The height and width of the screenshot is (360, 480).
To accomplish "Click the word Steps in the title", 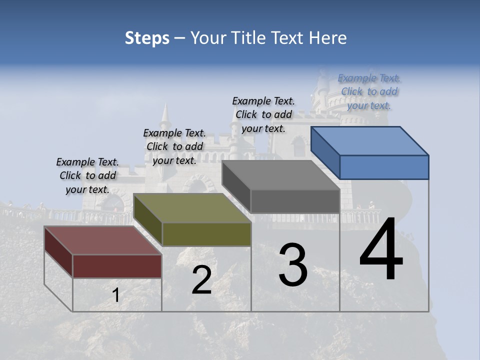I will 147,38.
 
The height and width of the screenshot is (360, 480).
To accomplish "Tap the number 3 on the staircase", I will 293,265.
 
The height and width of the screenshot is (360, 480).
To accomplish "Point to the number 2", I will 202,280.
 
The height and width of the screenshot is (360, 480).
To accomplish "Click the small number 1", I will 116,295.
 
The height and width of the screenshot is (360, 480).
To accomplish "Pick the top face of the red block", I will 102,240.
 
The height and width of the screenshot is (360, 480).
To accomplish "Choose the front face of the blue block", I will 384,167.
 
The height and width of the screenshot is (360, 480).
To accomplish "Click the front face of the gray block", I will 295,201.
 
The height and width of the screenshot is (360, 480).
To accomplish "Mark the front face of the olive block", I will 206,234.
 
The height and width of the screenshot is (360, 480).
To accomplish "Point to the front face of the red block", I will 117,266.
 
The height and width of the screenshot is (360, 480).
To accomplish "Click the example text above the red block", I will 87,175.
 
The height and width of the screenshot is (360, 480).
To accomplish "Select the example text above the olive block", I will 174,146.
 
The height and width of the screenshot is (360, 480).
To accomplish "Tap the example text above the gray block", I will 263,114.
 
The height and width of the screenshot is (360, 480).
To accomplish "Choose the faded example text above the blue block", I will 369,91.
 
